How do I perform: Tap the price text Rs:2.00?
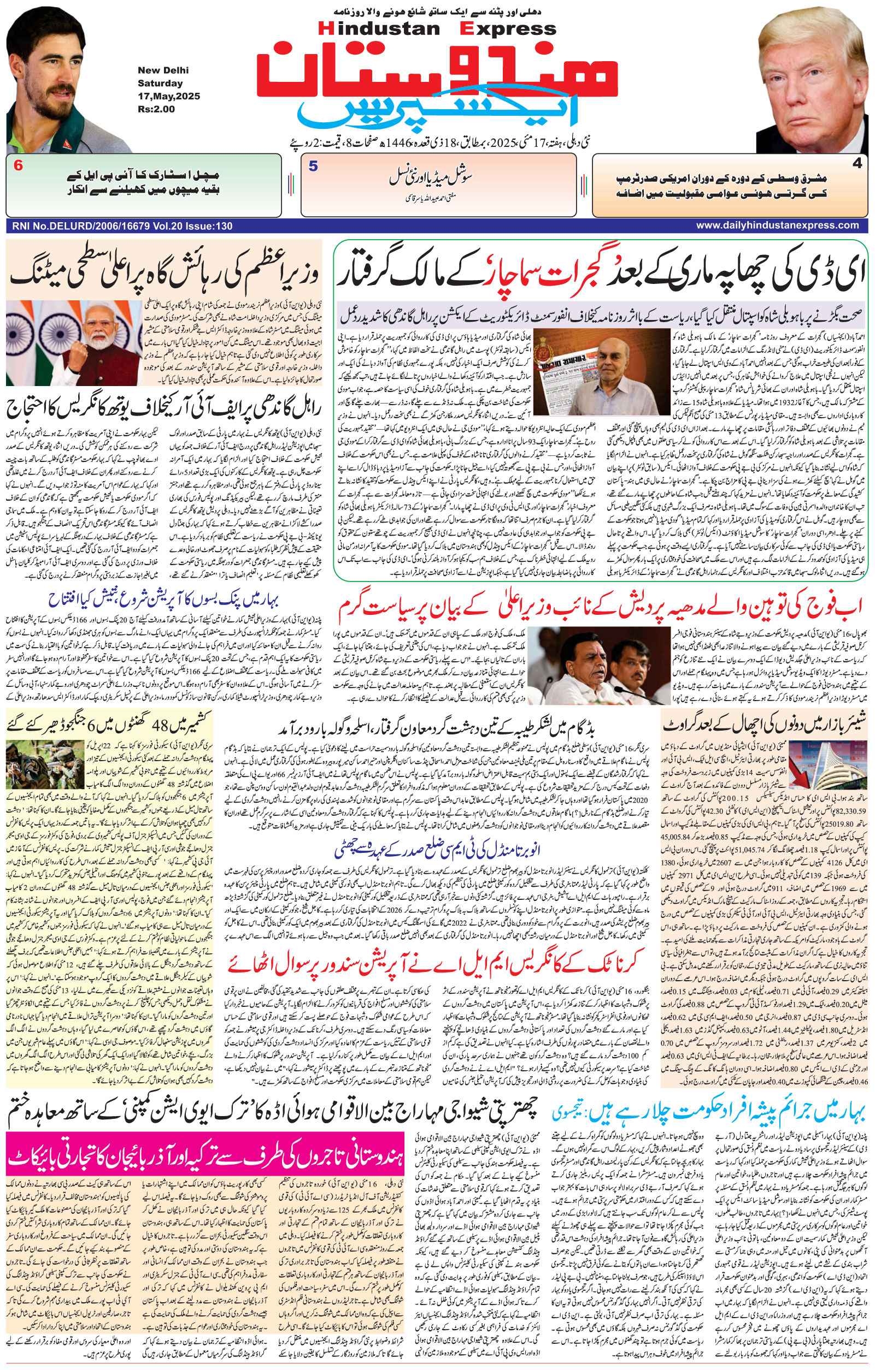point(156,109)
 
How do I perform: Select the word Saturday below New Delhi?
point(160,83)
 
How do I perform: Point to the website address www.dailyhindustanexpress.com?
point(777,226)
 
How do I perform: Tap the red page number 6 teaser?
point(19,166)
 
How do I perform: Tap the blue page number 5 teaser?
point(313,166)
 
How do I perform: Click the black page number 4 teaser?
point(856,164)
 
